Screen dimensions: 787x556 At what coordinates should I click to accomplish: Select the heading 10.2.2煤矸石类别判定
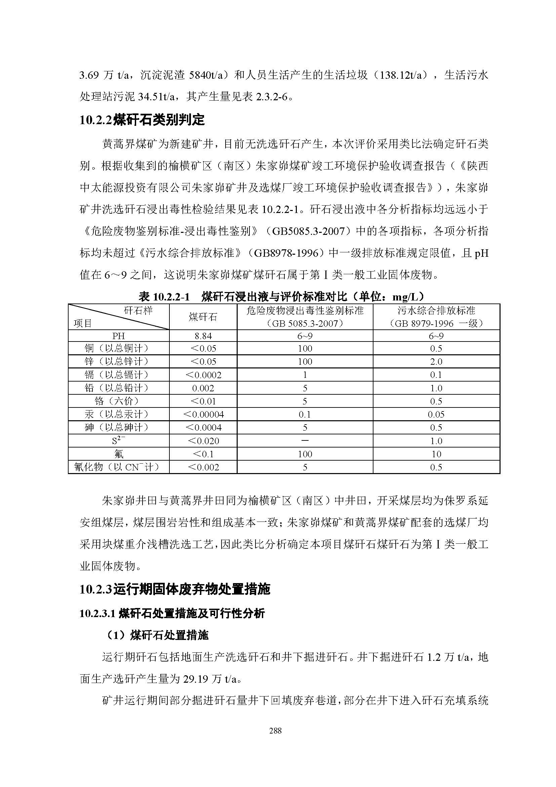pyautogui.click(x=142, y=120)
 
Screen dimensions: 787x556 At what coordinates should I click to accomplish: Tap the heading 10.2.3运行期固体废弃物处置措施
pyautogui.click(x=174, y=589)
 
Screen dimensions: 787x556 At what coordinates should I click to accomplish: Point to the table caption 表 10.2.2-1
pyautogui.click(x=164, y=296)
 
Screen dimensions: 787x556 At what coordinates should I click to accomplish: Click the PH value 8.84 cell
pyautogui.click(x=203, y=336)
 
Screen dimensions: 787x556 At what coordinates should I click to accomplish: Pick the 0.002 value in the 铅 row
pyautogui.click(x=203, y=388)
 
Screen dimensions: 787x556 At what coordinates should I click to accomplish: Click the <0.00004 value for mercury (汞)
pyautogui.click(x=203, y=415)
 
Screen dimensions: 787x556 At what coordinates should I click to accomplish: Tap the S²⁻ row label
pyautogui.click(x=118, y=440)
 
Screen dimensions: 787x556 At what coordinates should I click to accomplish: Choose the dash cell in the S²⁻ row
pyautogui.click(x=305, y=441)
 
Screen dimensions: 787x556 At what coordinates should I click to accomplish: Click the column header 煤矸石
pyautogui.click(x=203, y=317)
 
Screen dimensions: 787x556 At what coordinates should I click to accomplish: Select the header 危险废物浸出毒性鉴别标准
pyautogui.click(x=305, y=311)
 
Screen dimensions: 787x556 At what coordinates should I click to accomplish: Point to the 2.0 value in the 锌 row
pyautogui.click(x=436, y=362)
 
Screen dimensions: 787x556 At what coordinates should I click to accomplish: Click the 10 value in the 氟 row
pyautogui.click(x=436, y=454)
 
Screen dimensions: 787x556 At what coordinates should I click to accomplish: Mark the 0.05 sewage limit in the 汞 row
pyautogui.click(x=436, y=415)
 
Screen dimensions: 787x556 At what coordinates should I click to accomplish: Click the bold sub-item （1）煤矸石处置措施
pyautogui.click(x=157, y=636)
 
